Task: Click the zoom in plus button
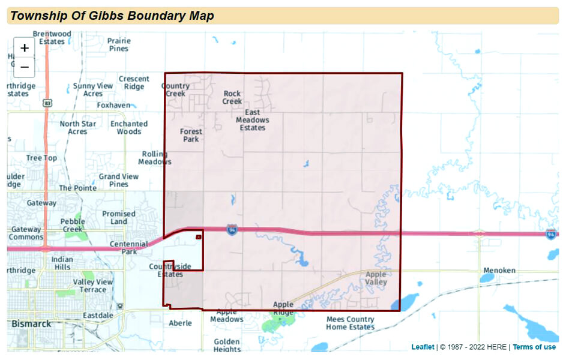click(x=25, y=48)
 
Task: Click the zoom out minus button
click(x=25, y=67)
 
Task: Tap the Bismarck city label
click(x=31, y=323)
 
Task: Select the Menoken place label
click(x=499, y=271)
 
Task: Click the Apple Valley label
click(x=376, y=278)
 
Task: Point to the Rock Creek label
click(x=232, y=97)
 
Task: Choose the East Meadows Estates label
click(x=252, y=120)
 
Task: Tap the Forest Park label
click(x=191, y=135)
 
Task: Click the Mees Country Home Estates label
click(x=351, y=323)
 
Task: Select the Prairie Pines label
click(x=119, y=44)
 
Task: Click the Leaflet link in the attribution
click(x=423, y=347)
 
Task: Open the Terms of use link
click(x=534, y=347)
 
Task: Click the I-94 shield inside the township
click(x=232, y=229)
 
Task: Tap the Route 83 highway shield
click(x=47, y=103)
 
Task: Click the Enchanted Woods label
click(x=129, y=127)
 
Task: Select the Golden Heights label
click(x=227, y=345)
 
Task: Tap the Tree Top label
click(x=42, y=158)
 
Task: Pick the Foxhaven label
click(x=113, y=105)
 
